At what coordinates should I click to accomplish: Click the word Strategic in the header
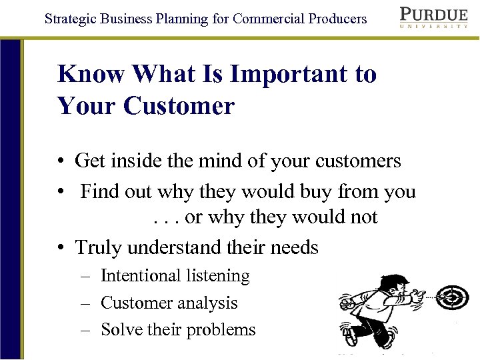coord(69,18)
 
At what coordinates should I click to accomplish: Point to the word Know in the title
coord(92,74)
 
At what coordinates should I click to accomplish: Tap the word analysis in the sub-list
coord(207,303)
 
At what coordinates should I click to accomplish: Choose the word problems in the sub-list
coord(224,330)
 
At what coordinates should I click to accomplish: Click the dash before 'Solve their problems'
coord(86,330)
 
